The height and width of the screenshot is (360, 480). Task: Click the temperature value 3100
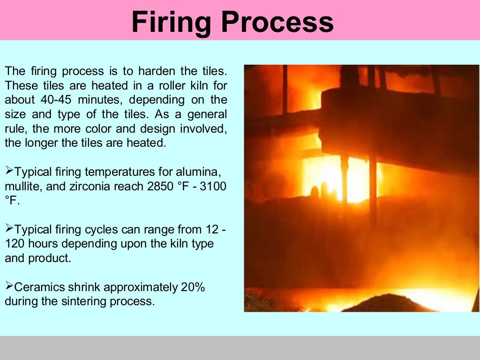point(213,186)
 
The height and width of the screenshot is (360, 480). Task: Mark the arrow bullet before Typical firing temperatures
point(9,172)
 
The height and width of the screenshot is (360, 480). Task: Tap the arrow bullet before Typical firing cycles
point(9,229)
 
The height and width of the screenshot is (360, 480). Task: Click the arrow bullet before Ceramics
point(9,286)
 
